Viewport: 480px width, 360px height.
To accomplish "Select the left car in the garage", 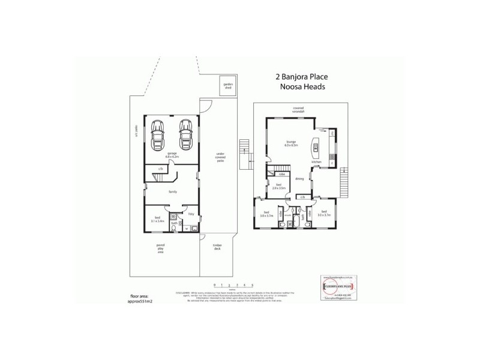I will coord(158,136).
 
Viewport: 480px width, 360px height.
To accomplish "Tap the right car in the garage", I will coord(185,136).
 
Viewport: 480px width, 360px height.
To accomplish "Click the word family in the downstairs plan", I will coord(173,191).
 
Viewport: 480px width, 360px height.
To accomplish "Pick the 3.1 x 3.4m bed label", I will coord(157,219).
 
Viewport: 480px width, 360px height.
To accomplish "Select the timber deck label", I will coord(216,247).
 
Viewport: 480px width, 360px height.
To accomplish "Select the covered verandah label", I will coord(299,110).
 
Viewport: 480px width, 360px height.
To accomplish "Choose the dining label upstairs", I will coord(299,178).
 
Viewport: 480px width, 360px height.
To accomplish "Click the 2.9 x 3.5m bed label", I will coord(277,187).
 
